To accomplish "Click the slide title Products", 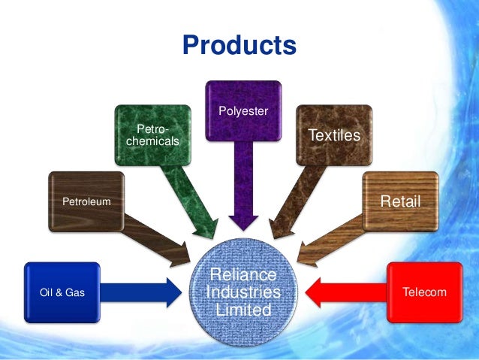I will [x=239, y=45].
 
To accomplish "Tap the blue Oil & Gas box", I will [x=62, y=292].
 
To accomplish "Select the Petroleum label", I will [x=86, y=201].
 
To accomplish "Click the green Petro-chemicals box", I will [x=152, y=135].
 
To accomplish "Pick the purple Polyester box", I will [x=243, y=113].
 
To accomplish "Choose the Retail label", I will [x=399, y=201].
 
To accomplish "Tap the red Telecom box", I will [x=424, y=292].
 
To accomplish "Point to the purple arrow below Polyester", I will [x=243, y=188].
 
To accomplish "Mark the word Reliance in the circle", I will [x=243, y=275].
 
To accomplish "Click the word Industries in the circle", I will [x=243, y=292].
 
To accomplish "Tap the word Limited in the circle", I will [x=243, y=309].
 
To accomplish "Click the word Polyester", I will [x=243, y=112].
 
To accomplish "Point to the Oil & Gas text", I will [x=62, y=292].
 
